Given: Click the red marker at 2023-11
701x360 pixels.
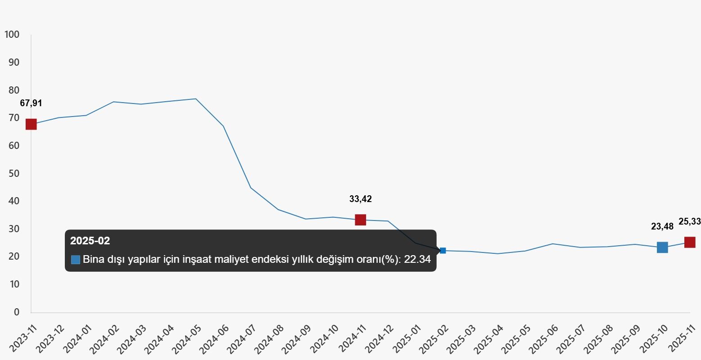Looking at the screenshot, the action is tap(31, 125).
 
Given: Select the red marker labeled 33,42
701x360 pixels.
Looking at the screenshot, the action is tap(361, 220).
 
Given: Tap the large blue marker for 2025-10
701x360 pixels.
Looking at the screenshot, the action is tap(663, 247).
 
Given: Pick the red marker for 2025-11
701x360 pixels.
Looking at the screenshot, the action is tap(690, 242).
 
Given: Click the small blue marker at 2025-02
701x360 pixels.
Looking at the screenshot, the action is tap(443, 251).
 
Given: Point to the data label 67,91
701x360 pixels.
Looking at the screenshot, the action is tap(31, 103).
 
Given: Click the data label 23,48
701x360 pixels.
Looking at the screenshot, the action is tap(662, 226).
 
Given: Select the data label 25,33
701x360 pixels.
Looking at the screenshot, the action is tap(690, 221).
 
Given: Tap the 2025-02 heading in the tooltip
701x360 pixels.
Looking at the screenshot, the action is tap(90, 240).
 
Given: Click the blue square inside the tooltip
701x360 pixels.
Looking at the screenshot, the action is tap(76, 260).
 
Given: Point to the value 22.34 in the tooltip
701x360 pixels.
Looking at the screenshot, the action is tap(417, 259).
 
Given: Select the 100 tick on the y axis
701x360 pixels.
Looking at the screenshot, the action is tap(12, 34).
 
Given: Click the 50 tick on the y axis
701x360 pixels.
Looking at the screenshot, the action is tap(14, 173).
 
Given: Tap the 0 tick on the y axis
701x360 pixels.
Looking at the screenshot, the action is tap(17, 312).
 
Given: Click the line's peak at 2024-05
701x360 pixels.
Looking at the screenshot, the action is tap(196, 99).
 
